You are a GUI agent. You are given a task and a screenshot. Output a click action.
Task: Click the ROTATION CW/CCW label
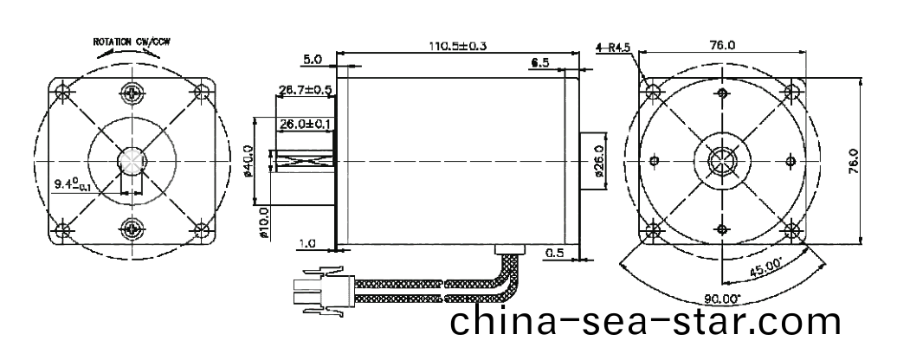pos(132,42)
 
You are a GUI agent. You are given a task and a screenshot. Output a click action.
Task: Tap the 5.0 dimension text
pos(313,61)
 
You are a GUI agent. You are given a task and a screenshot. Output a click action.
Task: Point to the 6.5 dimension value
pos(539,63)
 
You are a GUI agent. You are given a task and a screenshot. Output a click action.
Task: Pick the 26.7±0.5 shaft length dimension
pos(306,89)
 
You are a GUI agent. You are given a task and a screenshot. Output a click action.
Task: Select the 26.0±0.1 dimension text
pos(306,125)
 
